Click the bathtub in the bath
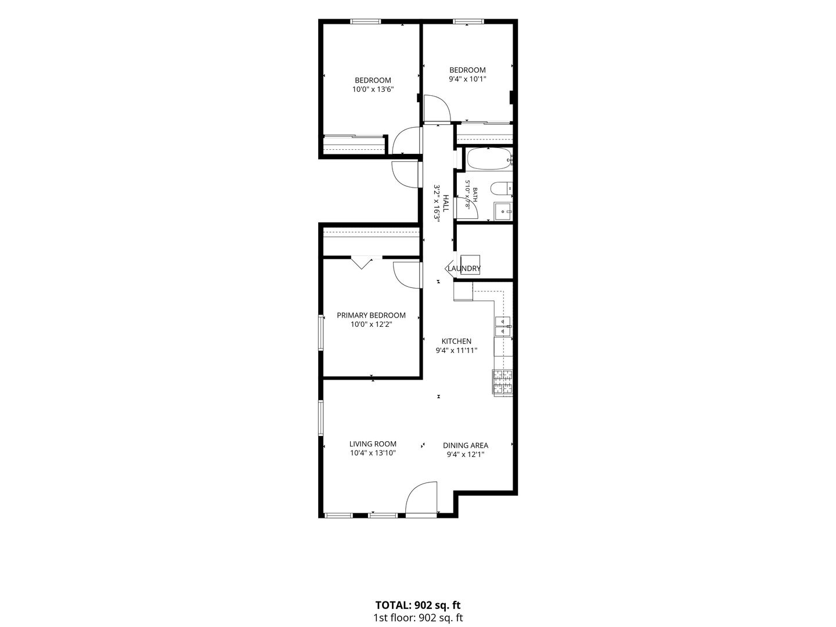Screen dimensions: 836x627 coord(489,158)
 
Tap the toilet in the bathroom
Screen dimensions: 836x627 coord(501,188)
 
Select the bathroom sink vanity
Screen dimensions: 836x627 coord(503,211)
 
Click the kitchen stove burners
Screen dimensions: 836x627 coord(503,382)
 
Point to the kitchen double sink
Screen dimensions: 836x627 coord(503,327)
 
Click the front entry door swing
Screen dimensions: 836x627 coord(421,500)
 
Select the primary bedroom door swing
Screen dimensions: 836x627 coord(408,275)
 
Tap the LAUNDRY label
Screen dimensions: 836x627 coord(464,268)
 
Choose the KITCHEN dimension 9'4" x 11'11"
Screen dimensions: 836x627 coord(456,351)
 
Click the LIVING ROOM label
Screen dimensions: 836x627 coord(373,444)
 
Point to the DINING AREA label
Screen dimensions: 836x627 coord(466,445)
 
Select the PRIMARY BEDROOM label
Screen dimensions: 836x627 coord(371,315)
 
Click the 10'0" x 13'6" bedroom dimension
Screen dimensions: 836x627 coord(373,89)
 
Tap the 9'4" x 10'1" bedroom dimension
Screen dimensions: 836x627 coord(467,79)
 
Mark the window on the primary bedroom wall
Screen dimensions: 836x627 coord(320,333)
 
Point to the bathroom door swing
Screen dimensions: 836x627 coord(467,208)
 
